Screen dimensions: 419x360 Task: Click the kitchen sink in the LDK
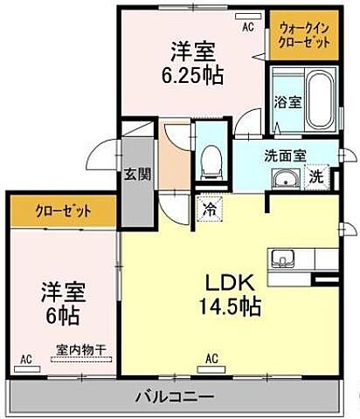283,259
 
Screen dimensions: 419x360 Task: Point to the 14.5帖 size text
231,306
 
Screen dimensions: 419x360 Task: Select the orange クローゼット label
61,209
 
